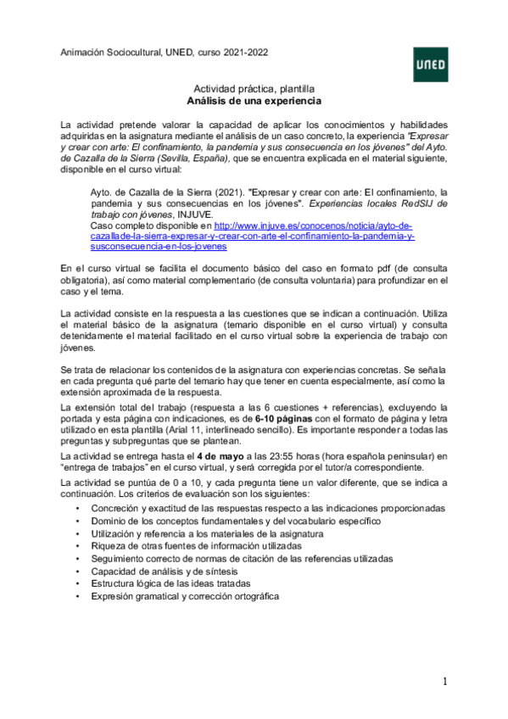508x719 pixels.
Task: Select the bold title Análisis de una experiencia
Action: tap(254, 100)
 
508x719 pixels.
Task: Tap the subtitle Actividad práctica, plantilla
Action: tap(254, 88)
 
